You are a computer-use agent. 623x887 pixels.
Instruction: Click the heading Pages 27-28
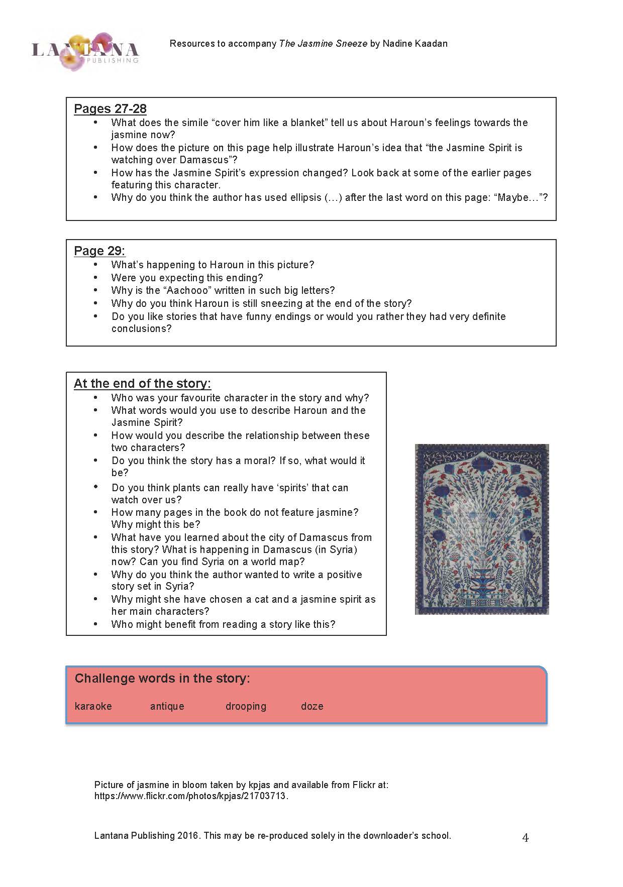click(110, 109)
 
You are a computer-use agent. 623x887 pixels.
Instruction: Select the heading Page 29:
click(99, 251)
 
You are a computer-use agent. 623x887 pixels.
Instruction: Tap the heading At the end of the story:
click(142, 384)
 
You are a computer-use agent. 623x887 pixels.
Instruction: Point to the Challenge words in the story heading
click(162, 679)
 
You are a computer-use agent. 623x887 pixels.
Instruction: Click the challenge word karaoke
click(93, 706)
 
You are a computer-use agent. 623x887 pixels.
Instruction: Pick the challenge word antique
click(167, 706)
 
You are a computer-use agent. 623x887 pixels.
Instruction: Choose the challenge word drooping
click(246, 706)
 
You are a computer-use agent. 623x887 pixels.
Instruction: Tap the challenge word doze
click(312, 706)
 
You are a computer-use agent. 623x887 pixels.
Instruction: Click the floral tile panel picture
click(482, 529)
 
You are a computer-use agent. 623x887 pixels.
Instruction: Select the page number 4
click(526, 837)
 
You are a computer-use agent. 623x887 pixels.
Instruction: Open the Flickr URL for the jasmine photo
click(191, 796)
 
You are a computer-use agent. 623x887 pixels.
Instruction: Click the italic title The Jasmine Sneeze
click(323, 44)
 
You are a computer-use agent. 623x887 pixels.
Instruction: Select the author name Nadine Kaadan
click(415, 44)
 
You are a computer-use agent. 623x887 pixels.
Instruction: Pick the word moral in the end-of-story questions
click(260, 461)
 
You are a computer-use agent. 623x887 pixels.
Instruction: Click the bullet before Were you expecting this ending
click(95, 278)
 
